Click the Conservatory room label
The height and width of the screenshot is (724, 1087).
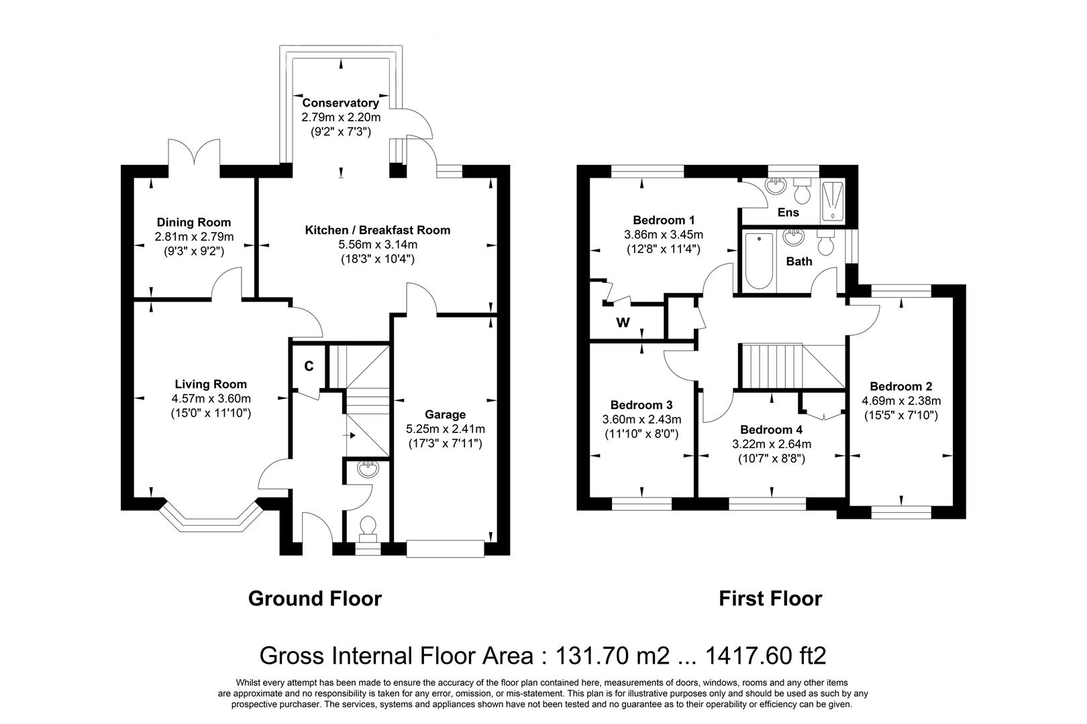click(340, 103)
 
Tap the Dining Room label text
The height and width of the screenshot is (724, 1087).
click(194, 223)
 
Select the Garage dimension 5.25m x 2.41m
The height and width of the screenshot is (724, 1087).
click(446, 429)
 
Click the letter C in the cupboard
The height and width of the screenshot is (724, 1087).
click(309, 366)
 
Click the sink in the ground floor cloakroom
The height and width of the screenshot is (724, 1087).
click(368, 469)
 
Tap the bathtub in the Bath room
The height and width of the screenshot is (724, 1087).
click(758, 262)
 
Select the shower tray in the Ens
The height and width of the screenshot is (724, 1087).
click(832, 200)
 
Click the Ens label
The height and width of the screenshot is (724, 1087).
click(788, 213)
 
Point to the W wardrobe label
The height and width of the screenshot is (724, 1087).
click(623, 323)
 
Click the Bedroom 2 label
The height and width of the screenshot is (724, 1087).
click(900, 387)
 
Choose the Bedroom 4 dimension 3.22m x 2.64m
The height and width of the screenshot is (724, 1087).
click(771, 444)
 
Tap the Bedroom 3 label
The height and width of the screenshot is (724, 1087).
click(641, 405)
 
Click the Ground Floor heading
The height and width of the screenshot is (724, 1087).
click(315, 598)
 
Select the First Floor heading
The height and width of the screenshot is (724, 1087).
click(770, 598)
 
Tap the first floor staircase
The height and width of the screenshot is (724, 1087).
click(792, 366)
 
